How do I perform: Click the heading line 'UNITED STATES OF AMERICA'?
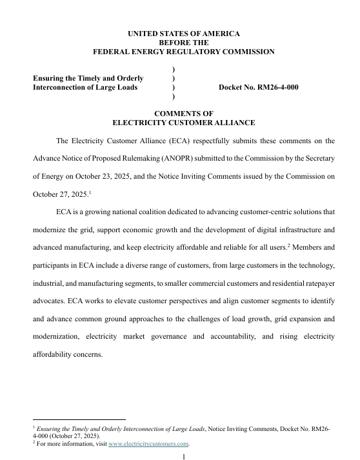(184, 32)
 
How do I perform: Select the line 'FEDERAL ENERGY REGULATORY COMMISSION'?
(184, 52)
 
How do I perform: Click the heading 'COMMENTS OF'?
(184, 113)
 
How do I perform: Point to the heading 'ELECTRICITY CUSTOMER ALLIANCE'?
(184, 123)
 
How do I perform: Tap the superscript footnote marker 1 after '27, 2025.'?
(90, 191)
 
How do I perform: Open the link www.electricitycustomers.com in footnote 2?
(148, 444)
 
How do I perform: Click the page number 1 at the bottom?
(184, 456)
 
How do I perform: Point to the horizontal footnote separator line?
(79, 419)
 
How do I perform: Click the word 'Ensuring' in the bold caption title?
(50, 78)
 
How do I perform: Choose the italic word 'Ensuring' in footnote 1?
(50, 428)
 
